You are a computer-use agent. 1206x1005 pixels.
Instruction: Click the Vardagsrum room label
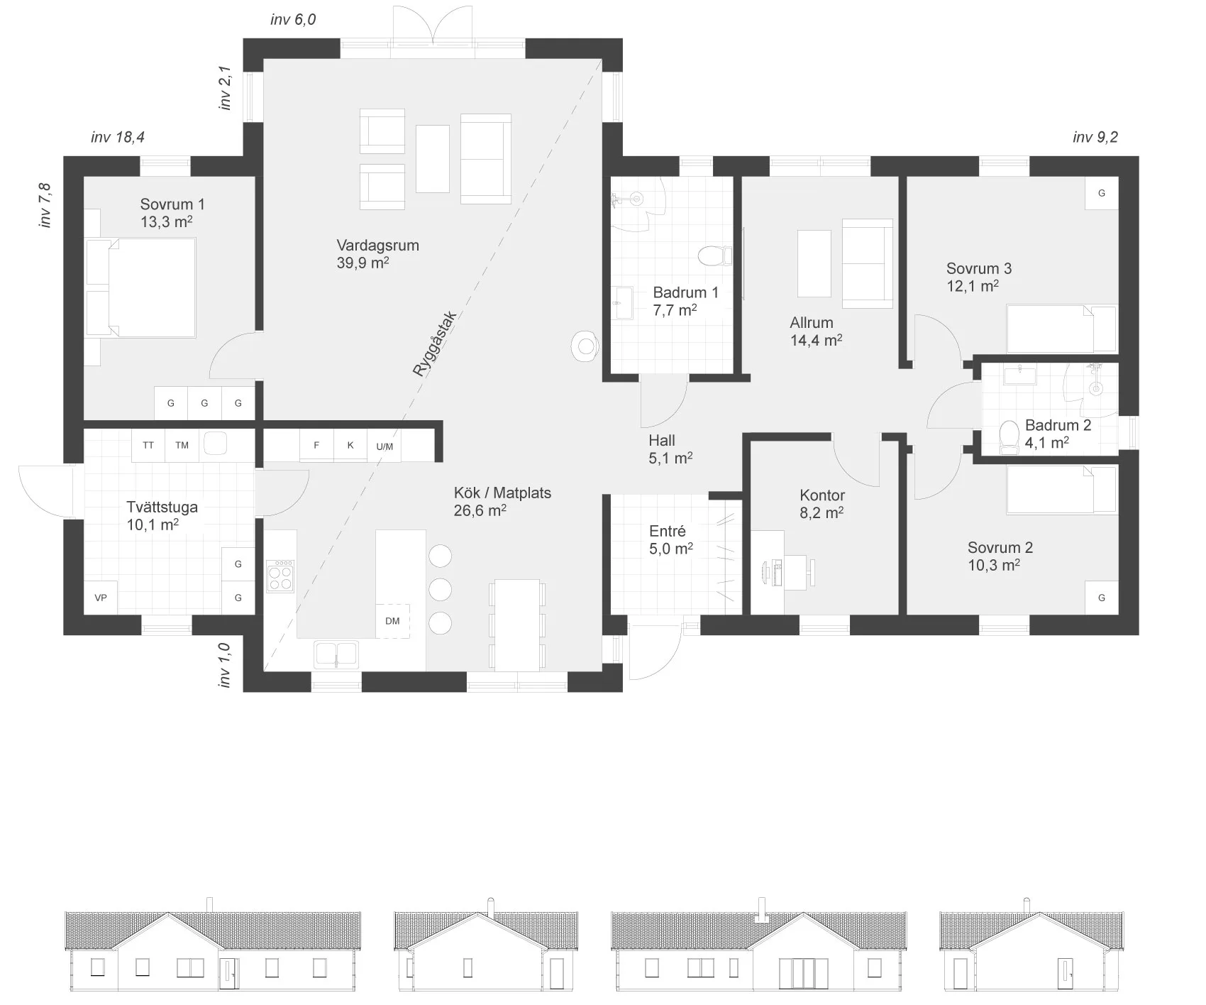377,246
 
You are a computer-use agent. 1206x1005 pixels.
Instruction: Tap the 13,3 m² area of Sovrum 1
167,221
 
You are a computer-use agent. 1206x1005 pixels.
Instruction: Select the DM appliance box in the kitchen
392,621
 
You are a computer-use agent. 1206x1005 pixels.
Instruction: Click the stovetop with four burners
280,576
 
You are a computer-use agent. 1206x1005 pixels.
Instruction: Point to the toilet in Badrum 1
714,255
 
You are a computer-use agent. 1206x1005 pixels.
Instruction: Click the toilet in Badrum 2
1008,437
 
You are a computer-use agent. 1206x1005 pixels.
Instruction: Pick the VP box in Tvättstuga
101,598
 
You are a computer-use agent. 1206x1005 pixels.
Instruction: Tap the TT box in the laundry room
148,446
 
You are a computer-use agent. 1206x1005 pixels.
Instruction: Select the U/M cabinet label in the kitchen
385,446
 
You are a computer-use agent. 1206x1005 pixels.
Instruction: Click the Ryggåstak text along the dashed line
435,344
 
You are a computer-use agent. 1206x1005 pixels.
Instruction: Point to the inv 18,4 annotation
118,137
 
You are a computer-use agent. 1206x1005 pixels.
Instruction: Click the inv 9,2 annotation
1095,137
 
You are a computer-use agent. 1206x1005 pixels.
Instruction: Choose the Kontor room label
822,495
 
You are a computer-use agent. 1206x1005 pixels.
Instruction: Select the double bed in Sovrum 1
140,287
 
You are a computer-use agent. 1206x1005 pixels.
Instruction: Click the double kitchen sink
337,654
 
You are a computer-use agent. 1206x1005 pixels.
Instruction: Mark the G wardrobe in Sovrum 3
1102,193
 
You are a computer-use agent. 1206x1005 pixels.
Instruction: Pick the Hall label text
662,441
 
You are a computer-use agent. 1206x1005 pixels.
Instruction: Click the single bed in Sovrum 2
1062,489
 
